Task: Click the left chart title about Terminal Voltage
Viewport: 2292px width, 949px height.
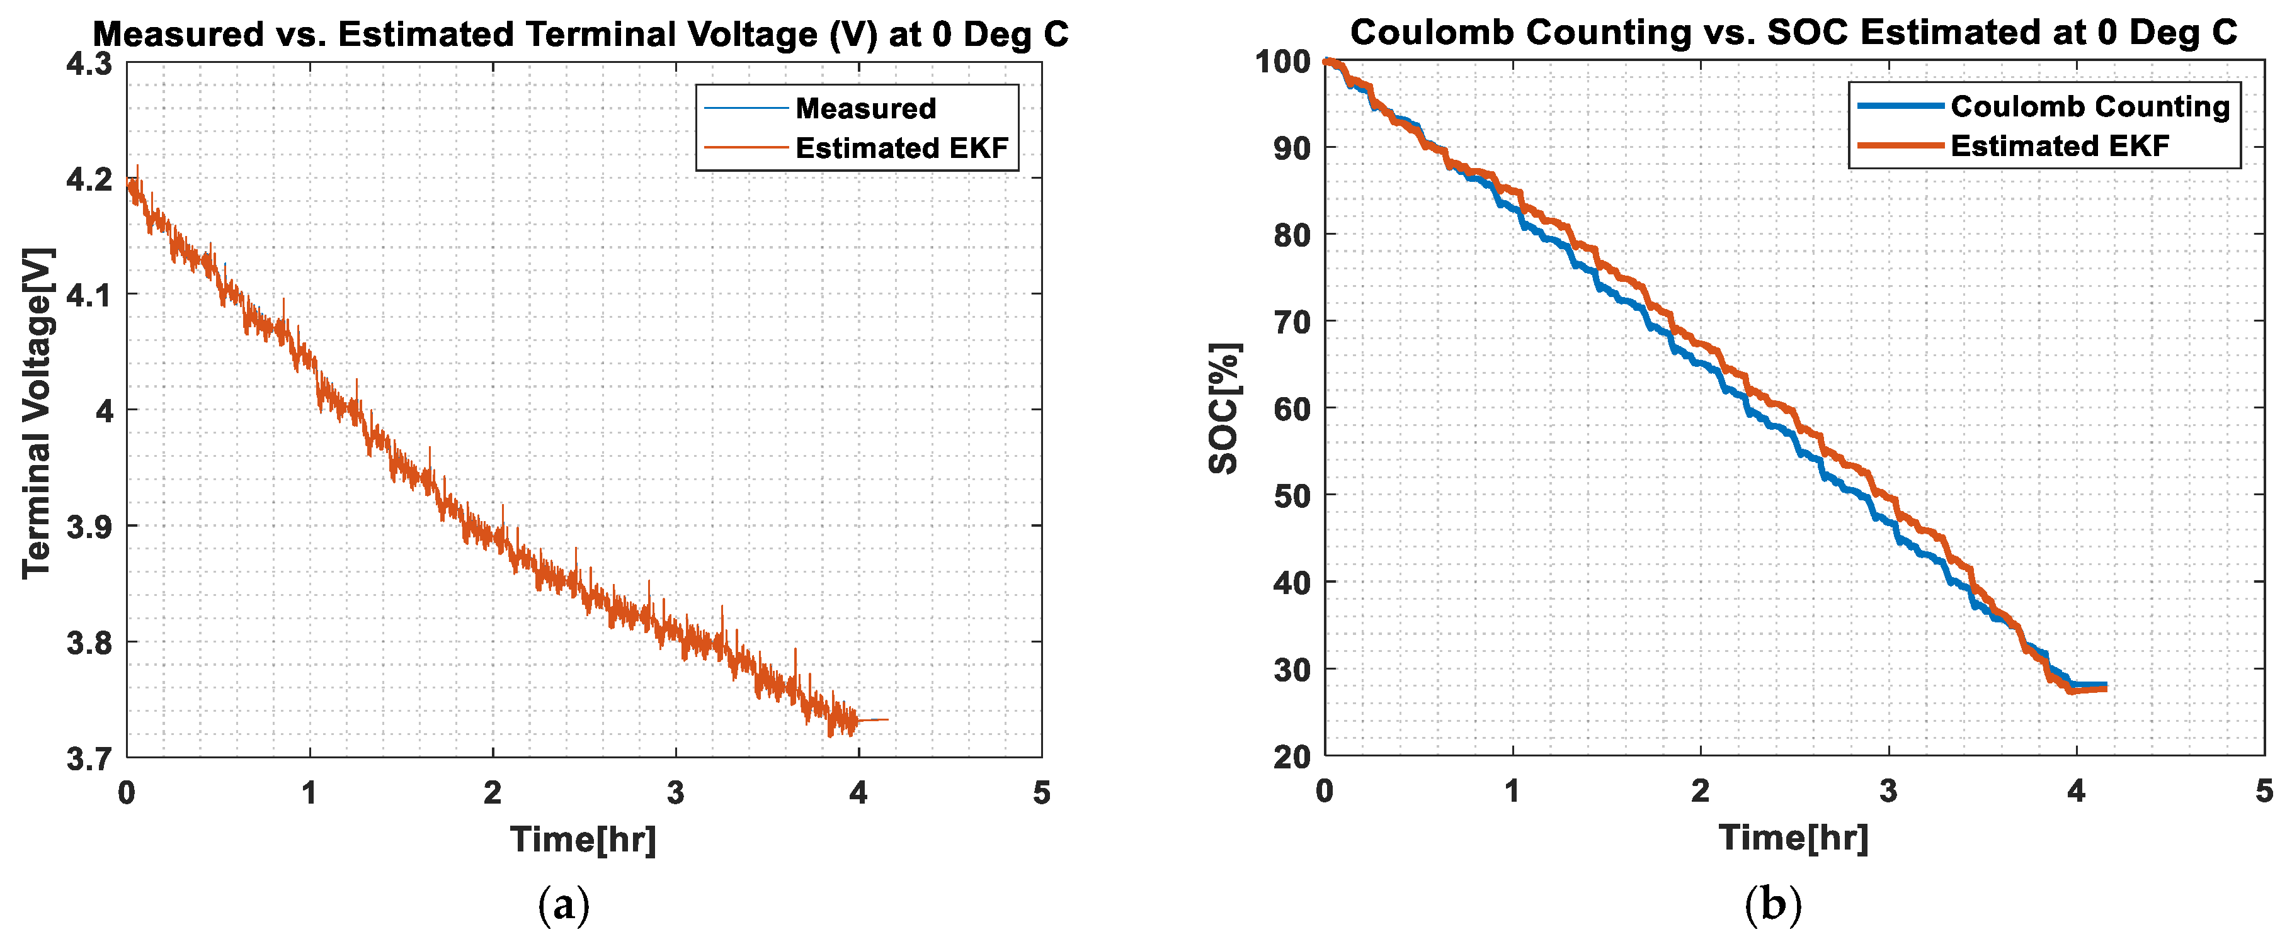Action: [580, 35]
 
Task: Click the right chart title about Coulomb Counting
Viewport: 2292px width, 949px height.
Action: [1793, 32]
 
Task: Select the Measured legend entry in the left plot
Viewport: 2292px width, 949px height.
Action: [865, 108]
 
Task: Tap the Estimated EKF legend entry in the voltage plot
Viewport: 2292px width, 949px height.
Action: [901, 148]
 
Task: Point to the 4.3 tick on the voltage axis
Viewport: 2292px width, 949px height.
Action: [90, 64]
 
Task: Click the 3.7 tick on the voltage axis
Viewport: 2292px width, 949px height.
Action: [90, 759]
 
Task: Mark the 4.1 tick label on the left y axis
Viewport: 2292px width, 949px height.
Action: [90, 295]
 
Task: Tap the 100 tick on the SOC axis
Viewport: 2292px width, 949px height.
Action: [1282, 62]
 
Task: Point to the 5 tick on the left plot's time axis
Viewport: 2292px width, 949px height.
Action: [1041, 792]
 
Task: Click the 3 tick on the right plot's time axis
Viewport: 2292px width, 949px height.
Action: [1888, 790]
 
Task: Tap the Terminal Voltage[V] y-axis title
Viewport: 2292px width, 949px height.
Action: [37, 413]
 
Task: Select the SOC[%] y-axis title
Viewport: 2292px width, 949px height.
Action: [1225, 408]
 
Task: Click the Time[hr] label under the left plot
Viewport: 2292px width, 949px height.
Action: [583, 839]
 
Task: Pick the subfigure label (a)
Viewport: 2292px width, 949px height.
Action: [564, 906]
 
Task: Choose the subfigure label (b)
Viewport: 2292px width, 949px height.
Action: [1772, 906]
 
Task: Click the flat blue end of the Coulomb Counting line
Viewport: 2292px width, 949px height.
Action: [2091, 685]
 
